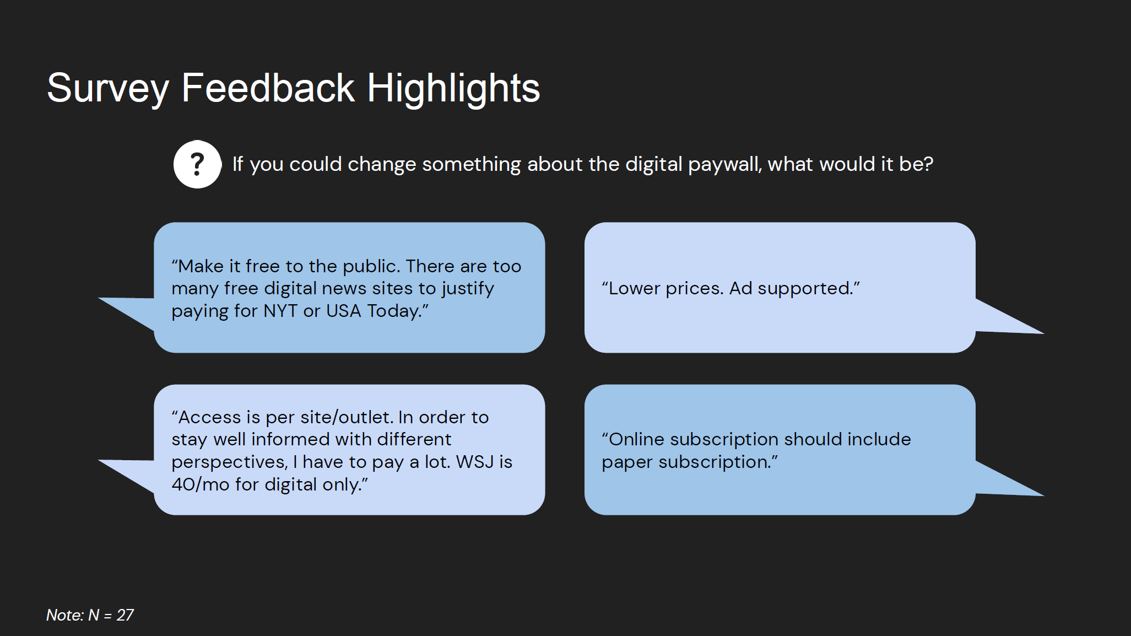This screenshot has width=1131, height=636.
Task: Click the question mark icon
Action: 197,164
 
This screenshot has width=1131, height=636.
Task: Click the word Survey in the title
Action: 108,88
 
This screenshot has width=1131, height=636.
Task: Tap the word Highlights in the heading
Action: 453,88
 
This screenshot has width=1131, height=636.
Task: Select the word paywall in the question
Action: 725,164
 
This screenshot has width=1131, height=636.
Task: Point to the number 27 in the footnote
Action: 125,615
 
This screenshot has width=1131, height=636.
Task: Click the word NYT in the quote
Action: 280,311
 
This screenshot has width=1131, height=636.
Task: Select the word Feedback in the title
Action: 268,88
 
